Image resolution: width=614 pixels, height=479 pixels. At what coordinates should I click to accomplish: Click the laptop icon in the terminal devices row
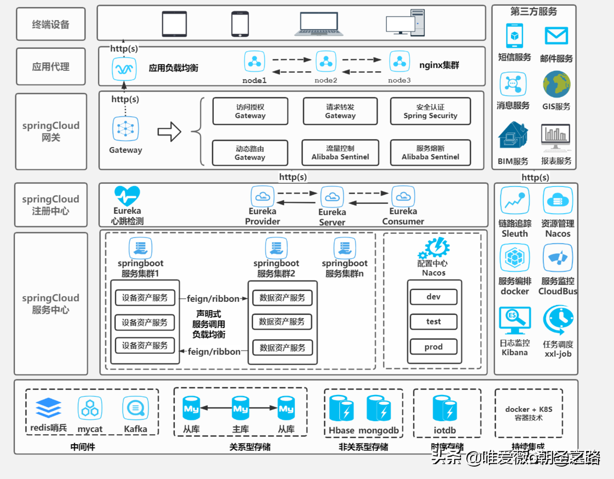[318, 24]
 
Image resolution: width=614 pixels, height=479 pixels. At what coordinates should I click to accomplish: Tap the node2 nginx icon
[326, 61]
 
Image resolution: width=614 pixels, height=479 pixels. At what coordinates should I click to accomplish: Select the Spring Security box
[430, 111]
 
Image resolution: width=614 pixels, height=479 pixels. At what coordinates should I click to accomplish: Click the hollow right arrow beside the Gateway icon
[169, 132]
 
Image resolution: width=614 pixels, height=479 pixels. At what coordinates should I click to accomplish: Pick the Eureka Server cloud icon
[332, 197]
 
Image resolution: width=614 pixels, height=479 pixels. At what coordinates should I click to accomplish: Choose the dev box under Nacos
[433, 297]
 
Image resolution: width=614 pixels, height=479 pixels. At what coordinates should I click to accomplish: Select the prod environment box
[433, 347]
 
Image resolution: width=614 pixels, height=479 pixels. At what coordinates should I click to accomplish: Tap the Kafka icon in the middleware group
[135, 408]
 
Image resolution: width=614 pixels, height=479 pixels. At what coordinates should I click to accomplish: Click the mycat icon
[90, 408]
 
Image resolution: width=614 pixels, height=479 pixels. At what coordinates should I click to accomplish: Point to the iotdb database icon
[444, 409]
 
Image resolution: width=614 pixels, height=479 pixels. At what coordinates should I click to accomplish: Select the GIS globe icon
[557, 85]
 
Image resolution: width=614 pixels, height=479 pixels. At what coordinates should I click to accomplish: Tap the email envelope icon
[556, 36]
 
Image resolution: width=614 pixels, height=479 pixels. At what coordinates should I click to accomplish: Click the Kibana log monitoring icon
[515, 320]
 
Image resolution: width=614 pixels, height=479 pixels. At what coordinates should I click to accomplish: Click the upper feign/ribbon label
[213, 299]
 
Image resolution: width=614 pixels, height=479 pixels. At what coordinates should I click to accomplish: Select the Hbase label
[341, 430]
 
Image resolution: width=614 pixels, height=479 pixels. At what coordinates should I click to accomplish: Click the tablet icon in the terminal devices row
[174, 24]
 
